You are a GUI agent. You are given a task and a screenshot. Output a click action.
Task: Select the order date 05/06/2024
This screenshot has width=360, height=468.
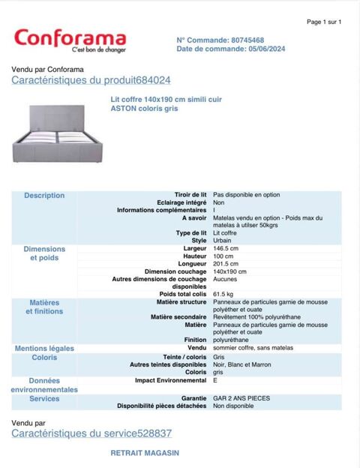click(265, 49)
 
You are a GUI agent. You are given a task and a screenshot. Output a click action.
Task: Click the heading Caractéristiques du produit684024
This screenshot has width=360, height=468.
click(91, 80)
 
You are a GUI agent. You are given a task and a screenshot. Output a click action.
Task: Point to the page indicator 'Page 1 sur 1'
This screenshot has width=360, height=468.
click(324, 22)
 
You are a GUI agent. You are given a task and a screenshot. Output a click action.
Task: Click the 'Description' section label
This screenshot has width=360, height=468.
click(44, 196)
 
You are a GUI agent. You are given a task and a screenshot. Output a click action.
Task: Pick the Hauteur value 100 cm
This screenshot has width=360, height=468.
click(223, 256)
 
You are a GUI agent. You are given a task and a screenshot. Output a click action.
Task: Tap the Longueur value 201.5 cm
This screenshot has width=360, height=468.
click(226, 264)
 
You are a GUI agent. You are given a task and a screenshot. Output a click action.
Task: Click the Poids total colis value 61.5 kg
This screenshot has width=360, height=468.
click(223, 295)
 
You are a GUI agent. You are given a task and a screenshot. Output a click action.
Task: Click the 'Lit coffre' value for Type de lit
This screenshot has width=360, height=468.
click(225, 233)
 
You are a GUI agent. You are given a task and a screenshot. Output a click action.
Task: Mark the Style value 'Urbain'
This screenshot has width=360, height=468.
click(223, 241)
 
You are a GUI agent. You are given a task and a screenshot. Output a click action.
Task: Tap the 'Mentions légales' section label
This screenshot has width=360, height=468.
click(44, 349)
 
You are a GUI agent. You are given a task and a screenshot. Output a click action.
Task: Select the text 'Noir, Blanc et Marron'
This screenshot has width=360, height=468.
click(242, 364)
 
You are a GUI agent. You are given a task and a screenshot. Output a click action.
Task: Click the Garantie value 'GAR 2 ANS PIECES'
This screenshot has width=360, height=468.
click(241, 398)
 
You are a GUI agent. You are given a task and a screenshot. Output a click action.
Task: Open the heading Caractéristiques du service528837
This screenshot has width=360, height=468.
click(91, 433)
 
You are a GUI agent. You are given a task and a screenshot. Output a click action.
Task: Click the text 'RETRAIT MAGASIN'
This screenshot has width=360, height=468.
click(145, 453)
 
